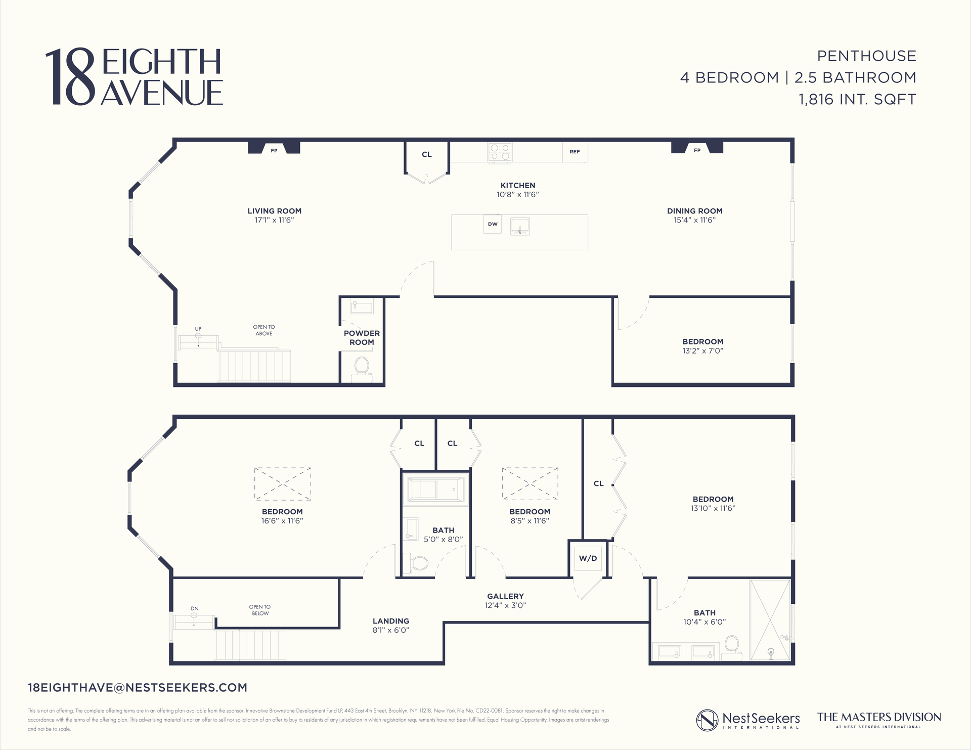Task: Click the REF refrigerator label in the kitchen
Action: point(575,152)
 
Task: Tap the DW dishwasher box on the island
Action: point(493,224)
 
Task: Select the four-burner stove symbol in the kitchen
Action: point(500,153)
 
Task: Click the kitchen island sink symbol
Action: point(520,226)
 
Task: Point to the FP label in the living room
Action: point(274,151)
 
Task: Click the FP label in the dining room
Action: point(697,150)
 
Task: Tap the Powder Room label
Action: point(362,338)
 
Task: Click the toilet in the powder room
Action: point(362,366)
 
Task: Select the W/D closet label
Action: point(588,558)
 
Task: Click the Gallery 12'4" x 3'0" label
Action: point(505,601)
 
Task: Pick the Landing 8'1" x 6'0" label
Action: point(391,625)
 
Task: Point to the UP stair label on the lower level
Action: point(198,329)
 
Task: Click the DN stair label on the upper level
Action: point(195,608)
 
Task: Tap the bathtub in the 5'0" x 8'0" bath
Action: point(435,490)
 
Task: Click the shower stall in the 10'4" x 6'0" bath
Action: point(770,620)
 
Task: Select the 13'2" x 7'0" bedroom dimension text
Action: point(702,351)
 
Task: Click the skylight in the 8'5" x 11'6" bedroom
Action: point(530,483)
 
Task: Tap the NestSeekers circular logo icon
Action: point(707,720)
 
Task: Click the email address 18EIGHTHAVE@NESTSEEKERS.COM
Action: point(138,688)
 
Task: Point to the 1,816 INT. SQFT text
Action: point(857,99)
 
